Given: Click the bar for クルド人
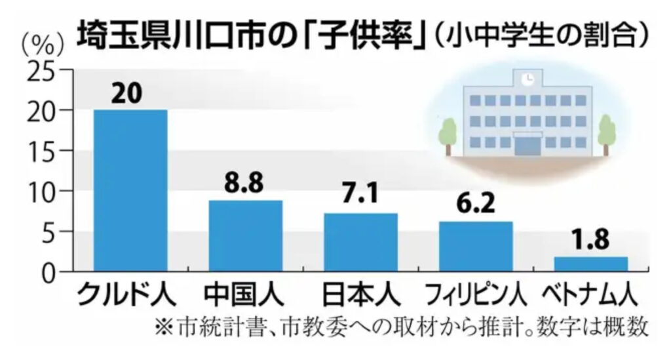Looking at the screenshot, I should click(x=130, y=190).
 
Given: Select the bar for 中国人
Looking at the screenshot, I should click(x=245, y=235).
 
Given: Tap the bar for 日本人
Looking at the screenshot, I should click(x=360, y=242).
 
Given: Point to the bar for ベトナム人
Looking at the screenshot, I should click(x=590, y=264).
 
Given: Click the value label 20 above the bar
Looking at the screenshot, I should click(x=127, y=93).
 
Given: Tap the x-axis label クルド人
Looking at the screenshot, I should click(x=127, y=296).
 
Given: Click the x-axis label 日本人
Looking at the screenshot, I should click(x=358, y=296).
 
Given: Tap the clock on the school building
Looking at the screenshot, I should click(x=527, y=79).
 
